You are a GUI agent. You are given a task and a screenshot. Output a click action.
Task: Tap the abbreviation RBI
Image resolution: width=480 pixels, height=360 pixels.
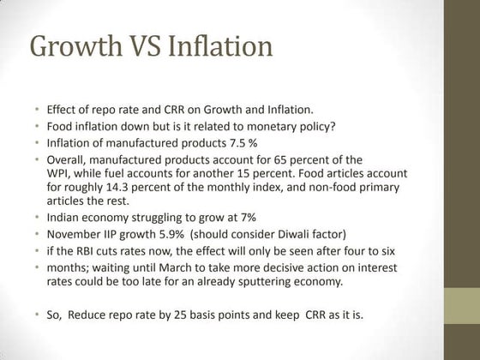(90, 252)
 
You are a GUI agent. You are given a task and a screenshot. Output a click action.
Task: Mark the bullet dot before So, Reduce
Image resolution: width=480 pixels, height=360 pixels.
(38, 313)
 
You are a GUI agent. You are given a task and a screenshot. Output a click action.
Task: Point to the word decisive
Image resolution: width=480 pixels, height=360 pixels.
(273, 267)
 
